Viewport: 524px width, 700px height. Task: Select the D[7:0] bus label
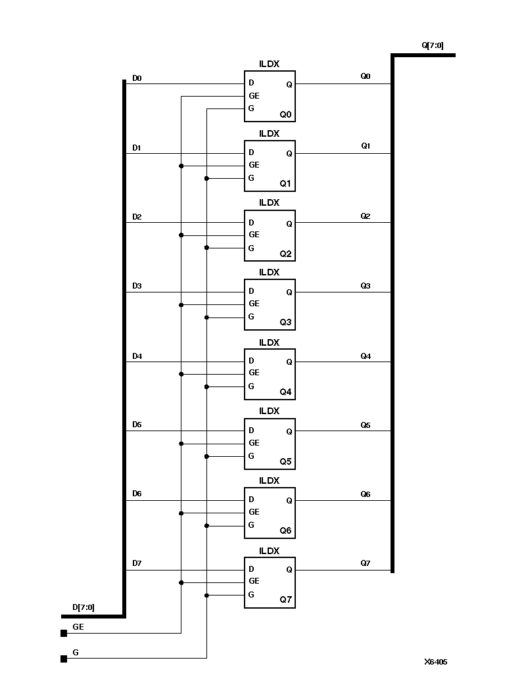(x=83, y=607)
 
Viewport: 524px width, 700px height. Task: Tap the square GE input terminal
(x=64, y=634)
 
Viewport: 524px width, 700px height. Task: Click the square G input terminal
(x=64, y=659)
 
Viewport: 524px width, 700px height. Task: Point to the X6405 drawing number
(x=435, y=662)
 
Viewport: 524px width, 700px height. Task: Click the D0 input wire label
(x=137, y=78)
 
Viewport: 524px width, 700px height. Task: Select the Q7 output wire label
(x=366, y=563)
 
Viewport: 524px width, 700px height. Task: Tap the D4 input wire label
(x=137, y=356)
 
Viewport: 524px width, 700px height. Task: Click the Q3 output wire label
(x=366, y=286)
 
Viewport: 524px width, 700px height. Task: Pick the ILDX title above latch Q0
(x=270, y=64)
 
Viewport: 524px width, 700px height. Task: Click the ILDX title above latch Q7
(x=270, y=551)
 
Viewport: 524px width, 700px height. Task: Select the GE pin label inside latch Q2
(x=254, y=235)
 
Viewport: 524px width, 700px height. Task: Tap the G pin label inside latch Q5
(x=251, y=456)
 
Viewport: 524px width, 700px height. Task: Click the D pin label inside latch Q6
(x=251, y=500)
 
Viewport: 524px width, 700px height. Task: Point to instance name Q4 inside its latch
(x=285, y=392)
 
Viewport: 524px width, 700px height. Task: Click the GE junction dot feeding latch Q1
(x=181, y=166)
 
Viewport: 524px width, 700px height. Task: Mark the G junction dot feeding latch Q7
(x=206, y=595)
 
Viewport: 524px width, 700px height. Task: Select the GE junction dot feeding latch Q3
(x=181, y=304)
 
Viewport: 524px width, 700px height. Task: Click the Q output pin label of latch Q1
(x=289, y=154)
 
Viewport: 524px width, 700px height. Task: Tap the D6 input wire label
(x=137, y=494)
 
